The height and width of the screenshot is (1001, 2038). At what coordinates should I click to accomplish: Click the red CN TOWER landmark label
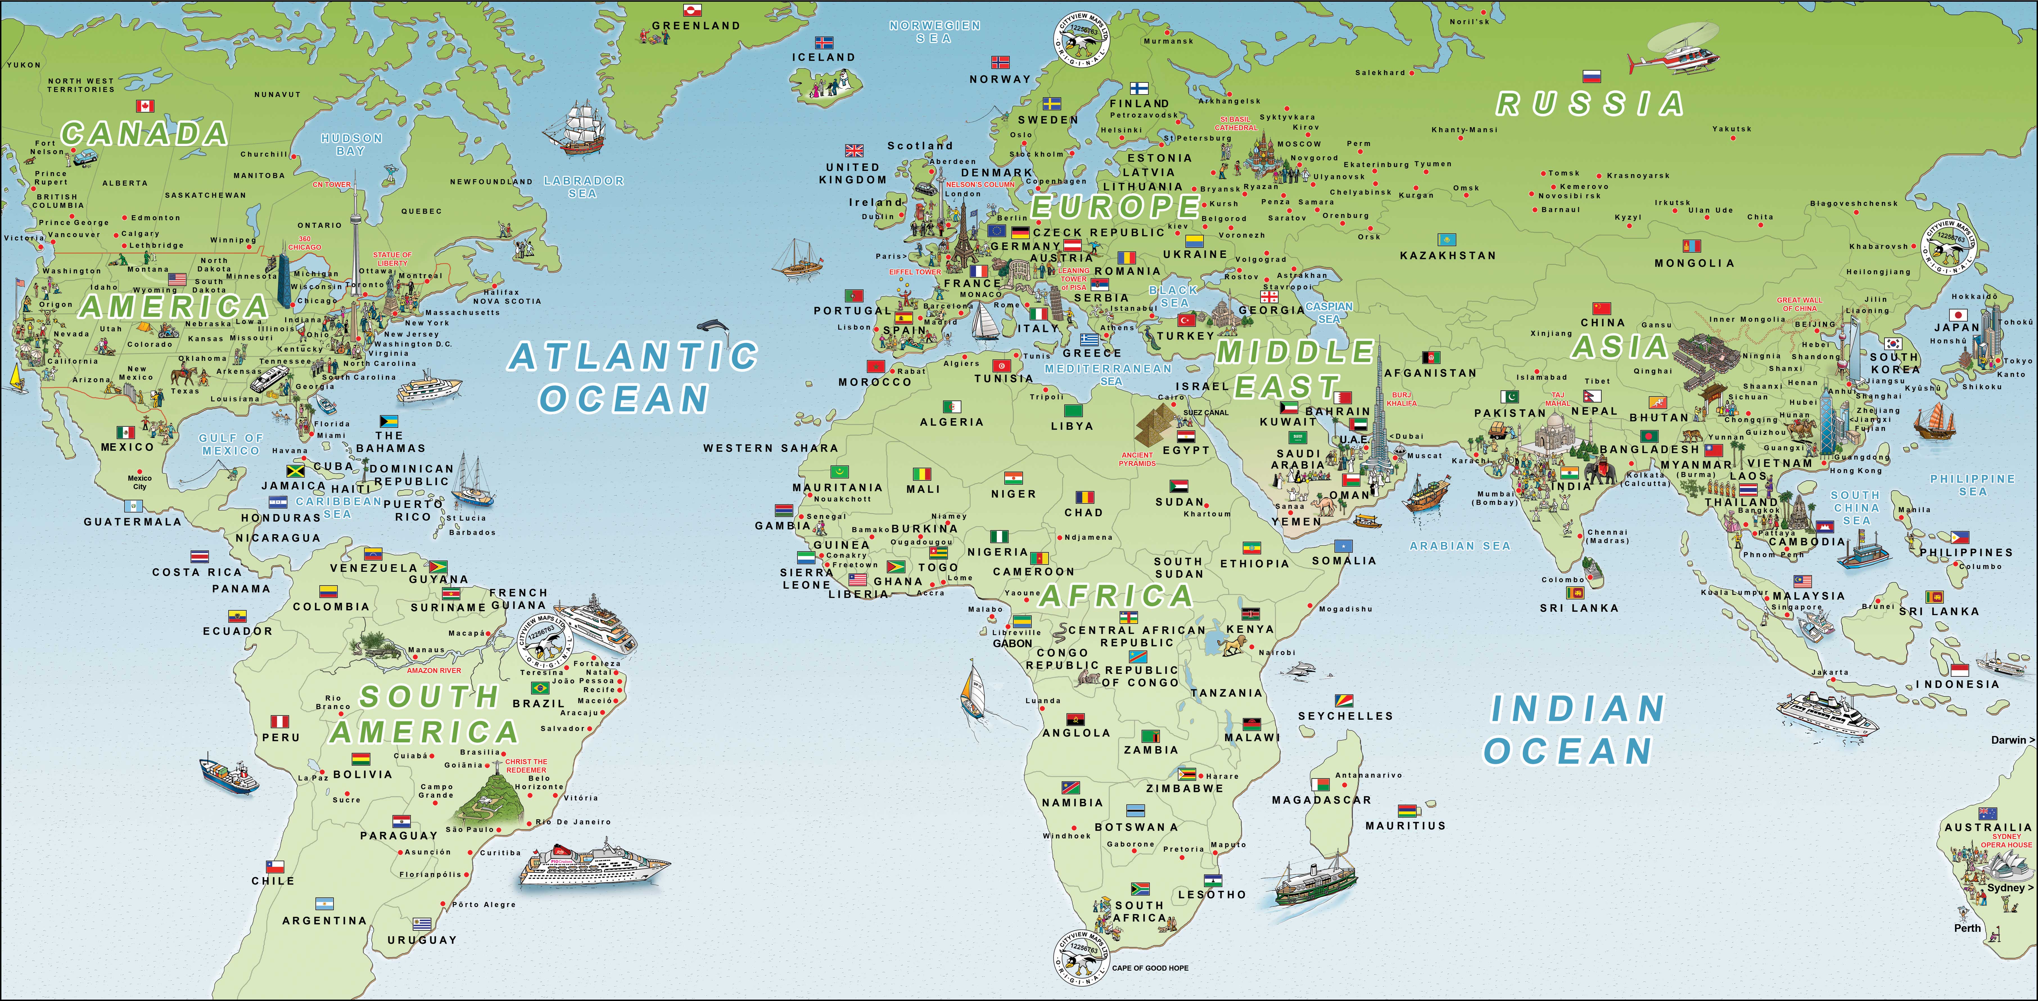[x=331, y=184]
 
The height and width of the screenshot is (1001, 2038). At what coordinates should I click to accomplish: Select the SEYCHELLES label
[x=1345, y=716]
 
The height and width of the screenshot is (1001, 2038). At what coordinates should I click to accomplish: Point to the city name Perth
[x=1968, y=928]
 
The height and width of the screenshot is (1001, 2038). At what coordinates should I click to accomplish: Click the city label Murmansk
[x=1168, y=41]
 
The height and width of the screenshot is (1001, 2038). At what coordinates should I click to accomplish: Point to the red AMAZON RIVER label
[x=433, y=670]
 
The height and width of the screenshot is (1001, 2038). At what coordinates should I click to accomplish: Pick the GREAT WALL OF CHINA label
[x=1799, y=304]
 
